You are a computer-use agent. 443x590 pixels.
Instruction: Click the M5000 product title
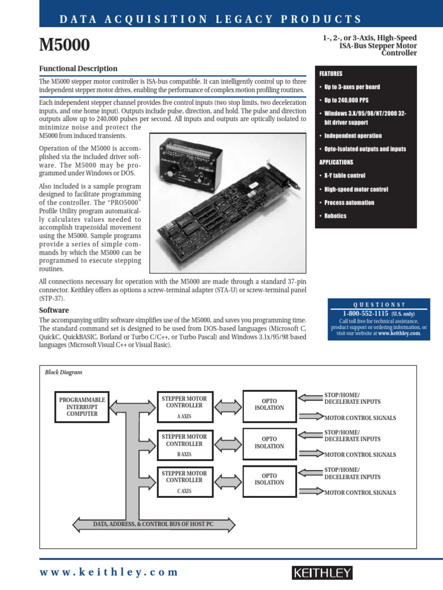click(x=64, y=44)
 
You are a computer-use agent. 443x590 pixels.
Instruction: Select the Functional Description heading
click(x=78, y=69)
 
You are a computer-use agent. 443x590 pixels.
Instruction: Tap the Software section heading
click(x=54, y=310)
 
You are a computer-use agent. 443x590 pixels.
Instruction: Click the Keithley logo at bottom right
click(x=322, y=572)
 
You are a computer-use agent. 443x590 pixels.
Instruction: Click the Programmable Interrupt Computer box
click(x=82, y=406)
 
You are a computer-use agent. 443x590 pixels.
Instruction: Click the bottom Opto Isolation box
click(x=269, y=479)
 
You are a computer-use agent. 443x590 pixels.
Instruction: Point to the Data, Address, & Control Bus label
click(x=153, y=524)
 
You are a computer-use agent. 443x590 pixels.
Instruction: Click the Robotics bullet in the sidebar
click(x=335, y=216)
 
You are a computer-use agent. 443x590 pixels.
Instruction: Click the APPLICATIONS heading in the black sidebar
click(x=336, y=162)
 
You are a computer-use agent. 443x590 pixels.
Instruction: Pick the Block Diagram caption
click(x=63, y=372)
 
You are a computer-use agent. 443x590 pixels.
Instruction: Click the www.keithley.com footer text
click(x=109, y=572)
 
